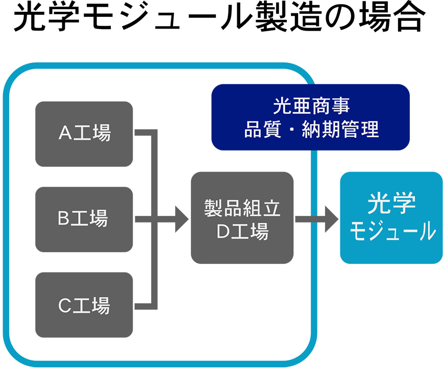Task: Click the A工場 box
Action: pyautogui.click(x=84, y=134)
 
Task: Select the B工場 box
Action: pyautogui.click(x=84, y=219)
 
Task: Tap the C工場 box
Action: pyautogui.click(x=84, y=305)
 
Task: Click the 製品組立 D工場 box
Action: pyautogui.click(x=242, y=218)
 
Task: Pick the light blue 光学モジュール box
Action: pyautogui.click(x=391, y=218)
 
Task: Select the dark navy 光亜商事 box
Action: pyautogui.click(x=310, y=117)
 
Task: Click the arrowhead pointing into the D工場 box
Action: pyautogui.click(x=182, y=219)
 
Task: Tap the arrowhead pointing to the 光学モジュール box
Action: pyautogui.click(x=332, y=219)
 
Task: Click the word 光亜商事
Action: pyautogui.click(x=311, y=106)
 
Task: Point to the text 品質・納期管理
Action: pyautogui.click(x=311, y=129)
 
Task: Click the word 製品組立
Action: pyautogui.click(x=242, y=208)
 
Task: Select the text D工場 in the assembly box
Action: pyautogui.click(x=242, y=231)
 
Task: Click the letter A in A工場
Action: pyautogui.click(x=65, y=133)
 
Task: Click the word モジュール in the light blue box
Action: pyautogui.click(x=392, y=231)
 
